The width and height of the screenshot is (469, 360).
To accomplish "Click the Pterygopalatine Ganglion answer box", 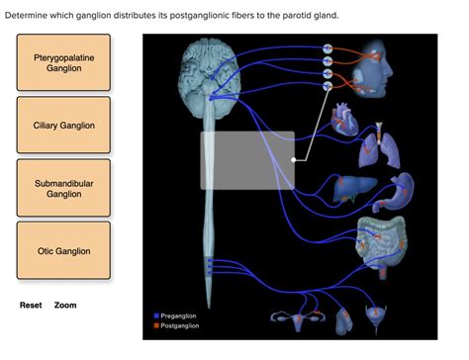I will point(63,63).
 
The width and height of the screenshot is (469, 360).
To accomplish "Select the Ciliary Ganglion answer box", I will point(63,126).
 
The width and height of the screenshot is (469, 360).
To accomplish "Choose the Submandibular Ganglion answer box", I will point(63,188).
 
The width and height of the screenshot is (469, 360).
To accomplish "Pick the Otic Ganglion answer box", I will point(63,251).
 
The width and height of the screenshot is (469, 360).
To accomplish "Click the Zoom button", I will point(65,306).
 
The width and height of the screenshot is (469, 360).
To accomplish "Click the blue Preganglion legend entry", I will point(178,315).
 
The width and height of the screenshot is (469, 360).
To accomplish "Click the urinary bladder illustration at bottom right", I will point(382,315).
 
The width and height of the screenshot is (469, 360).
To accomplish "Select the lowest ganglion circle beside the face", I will point(328,85).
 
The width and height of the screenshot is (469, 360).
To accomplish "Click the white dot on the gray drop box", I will point(294,157).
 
